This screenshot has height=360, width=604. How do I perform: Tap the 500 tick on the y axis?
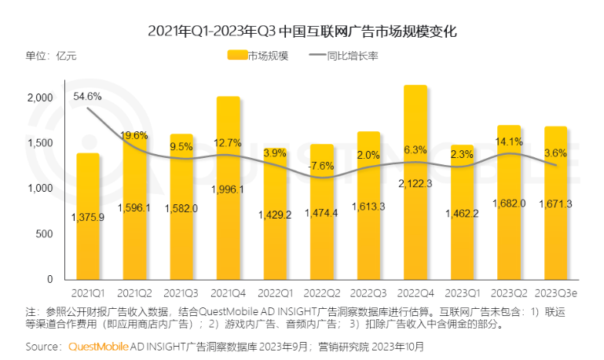pyautogui.click(x=44, y=234)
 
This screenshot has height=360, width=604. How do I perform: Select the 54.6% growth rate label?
pyautogui.click(x=87, y=97)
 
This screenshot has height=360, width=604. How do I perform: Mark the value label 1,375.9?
pyautogui.click(x=88, y=218)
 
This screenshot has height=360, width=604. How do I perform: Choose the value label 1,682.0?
pyautogui.click(x=509, y=204)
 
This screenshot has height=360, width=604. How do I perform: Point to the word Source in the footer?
pyautogui.click(x=43, y=345)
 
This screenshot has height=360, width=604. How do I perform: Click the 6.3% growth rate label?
pyautogui.click(x=415, y=149)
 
